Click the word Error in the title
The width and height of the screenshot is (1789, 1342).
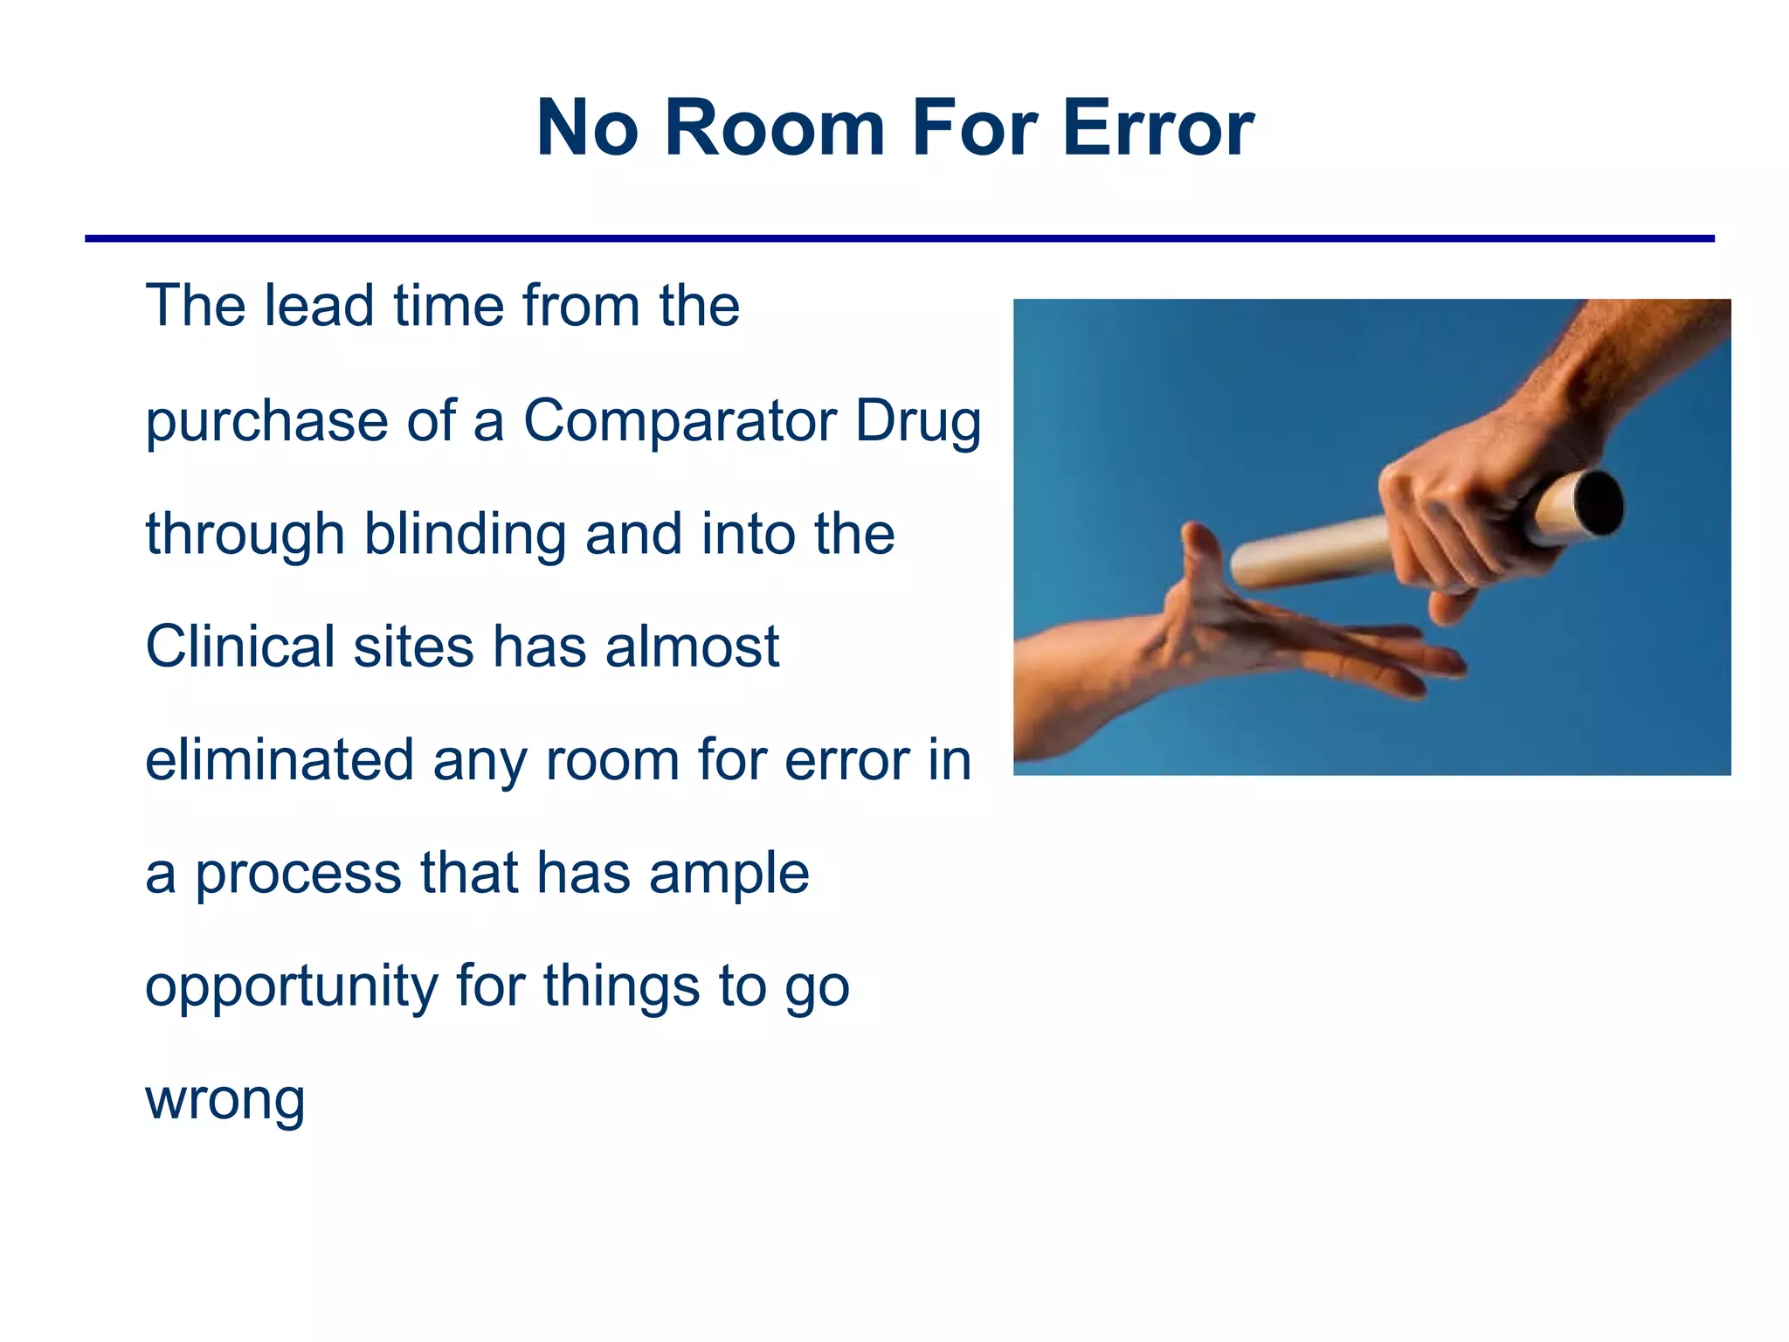point(1158,128)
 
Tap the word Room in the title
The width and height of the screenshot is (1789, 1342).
point(775,128)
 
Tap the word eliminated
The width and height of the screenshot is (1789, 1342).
point(279,760)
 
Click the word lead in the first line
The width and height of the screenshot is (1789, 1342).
point(319,307)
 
